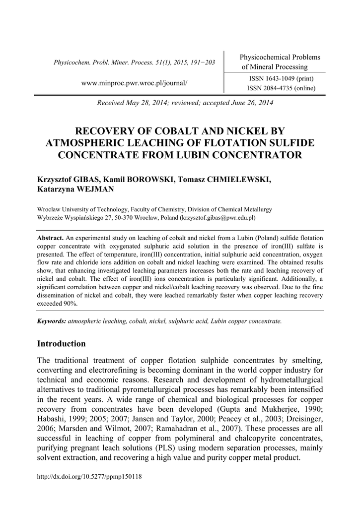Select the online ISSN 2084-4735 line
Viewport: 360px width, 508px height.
coord(281,88)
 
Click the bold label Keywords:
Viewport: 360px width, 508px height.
coord(52,321)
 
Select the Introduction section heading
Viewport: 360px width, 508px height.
coord(62,344)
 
